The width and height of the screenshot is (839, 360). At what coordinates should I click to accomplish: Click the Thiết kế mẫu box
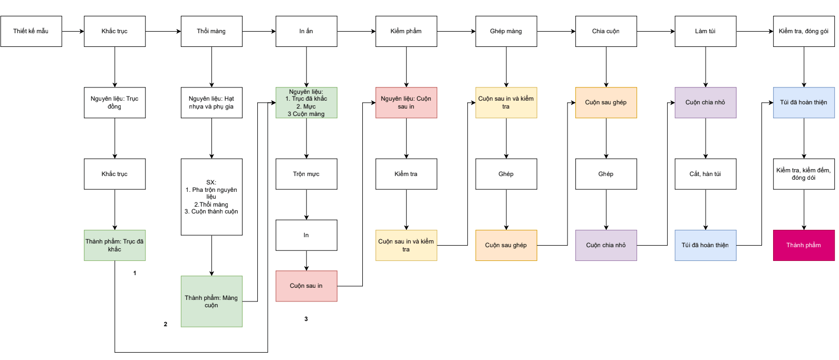31,31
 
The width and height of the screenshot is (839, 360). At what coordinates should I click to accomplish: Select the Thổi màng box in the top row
211,31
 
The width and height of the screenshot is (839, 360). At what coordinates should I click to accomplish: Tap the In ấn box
306,31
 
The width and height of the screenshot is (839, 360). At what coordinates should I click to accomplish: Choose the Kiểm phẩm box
406,31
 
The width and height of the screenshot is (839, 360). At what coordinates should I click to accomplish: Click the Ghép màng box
506,31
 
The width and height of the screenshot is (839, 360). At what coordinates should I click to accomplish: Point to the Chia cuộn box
606,31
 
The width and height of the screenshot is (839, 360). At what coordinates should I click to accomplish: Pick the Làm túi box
706,31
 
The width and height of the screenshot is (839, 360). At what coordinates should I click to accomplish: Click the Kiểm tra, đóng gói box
804,31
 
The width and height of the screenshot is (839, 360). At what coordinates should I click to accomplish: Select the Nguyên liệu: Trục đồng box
114,103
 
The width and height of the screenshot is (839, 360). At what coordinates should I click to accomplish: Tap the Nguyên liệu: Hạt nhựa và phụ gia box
211,103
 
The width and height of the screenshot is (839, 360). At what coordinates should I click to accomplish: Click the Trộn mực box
306,174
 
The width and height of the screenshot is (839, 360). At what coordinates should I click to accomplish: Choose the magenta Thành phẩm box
804,245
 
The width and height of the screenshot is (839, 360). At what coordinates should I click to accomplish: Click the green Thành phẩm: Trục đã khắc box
114,245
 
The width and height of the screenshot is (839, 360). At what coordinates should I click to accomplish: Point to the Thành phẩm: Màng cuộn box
211,301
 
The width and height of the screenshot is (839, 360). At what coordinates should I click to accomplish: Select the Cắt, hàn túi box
706,174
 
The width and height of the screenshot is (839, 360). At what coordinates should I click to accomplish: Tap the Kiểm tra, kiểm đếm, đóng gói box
804,174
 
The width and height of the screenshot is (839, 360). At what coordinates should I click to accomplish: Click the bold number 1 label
135,273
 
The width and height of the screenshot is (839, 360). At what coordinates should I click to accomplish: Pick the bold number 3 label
306,319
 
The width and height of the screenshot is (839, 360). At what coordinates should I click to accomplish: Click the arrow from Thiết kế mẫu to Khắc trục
73,31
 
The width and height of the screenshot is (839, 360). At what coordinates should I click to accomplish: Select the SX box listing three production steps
211,197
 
